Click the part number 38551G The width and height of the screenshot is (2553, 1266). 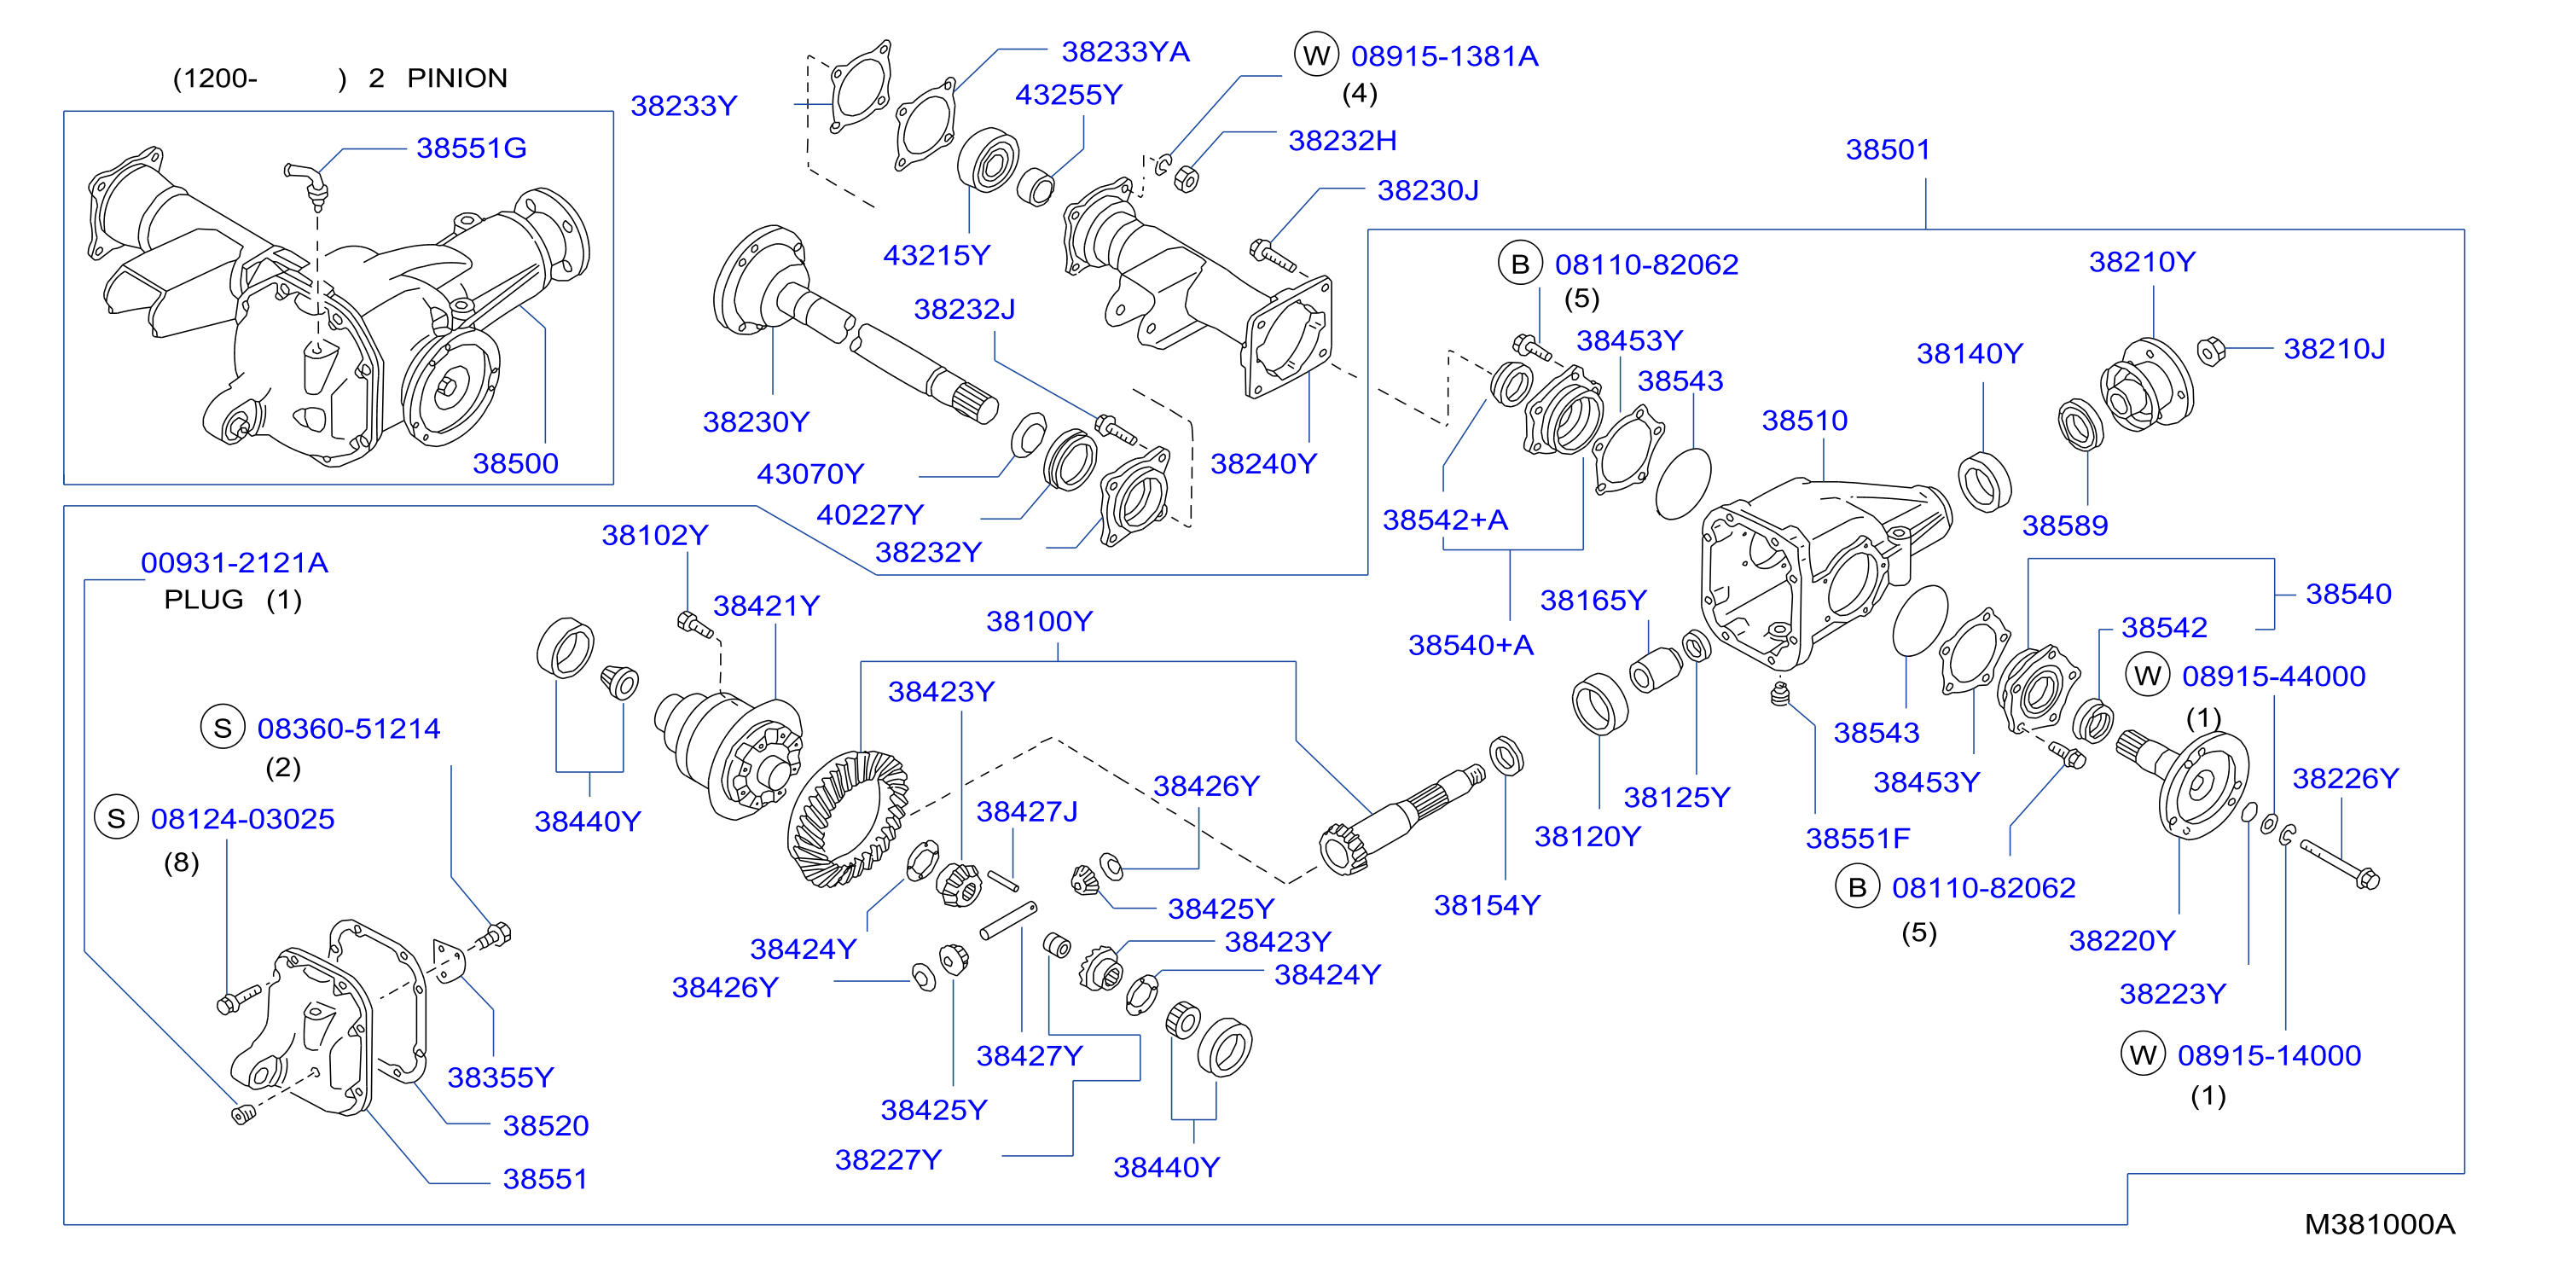pyautogui.click(x=471, y=148)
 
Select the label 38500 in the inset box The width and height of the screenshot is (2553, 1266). pyautogui.click(x=515, y=463)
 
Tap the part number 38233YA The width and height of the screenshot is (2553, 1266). pyautogui.click(x=1125, y=51)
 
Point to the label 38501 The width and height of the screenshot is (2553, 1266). pyautogui.click(x=1888, y=149)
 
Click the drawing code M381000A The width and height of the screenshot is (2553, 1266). pyautogui.click(x=2380, y=1224)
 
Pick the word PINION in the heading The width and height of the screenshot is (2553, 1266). pyautogui.click(x=457, y=78)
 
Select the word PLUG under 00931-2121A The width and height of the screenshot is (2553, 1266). pyautogui.click(x=203, y=600)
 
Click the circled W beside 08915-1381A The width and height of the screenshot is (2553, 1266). pyautogui.click(x=1316, y=55)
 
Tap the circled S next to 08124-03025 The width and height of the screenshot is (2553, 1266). pyautogui.click(x=116, y=819)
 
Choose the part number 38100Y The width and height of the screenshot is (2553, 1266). pyautogui.click(x=1039, y=622)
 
